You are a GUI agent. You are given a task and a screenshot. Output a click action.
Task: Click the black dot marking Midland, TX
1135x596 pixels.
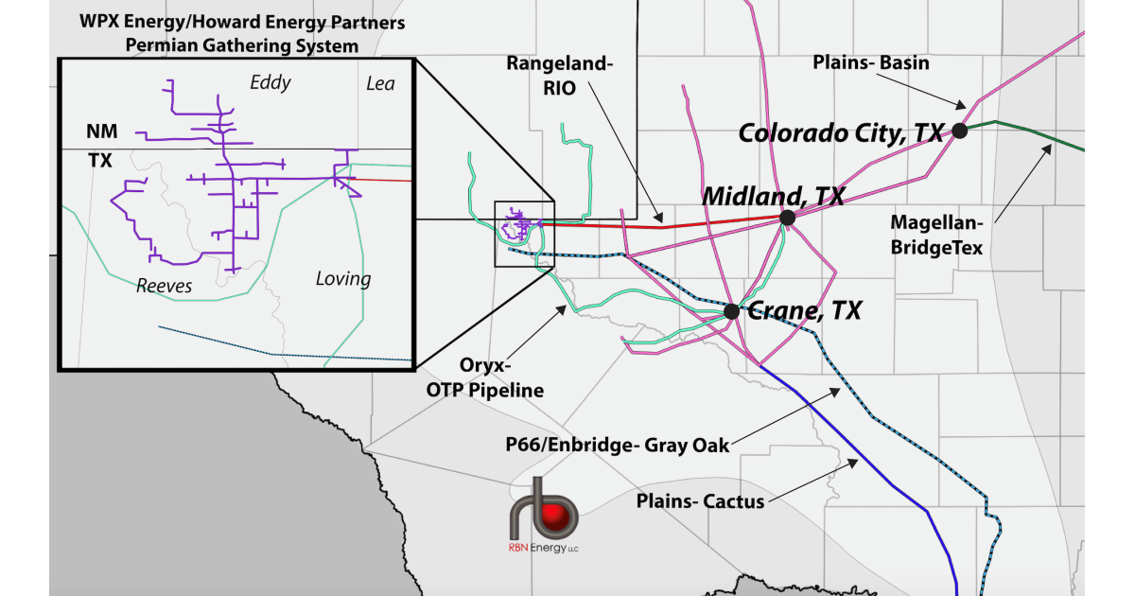(787, 218)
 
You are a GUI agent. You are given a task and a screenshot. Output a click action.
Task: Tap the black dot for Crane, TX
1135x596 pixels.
(731, 310)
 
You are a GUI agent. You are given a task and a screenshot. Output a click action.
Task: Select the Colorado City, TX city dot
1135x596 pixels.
(959, 131)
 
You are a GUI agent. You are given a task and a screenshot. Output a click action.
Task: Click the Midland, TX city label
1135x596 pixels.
(773, 196)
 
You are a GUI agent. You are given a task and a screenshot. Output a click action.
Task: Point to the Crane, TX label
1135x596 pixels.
(804, 310)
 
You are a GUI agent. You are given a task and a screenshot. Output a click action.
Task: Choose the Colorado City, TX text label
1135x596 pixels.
(841, 132)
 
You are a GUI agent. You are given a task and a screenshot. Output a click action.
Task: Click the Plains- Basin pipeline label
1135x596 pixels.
(871, 63)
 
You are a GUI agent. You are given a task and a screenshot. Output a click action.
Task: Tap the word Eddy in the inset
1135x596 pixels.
(270, 83)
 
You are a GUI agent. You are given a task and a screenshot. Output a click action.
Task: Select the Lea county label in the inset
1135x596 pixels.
(380, 85)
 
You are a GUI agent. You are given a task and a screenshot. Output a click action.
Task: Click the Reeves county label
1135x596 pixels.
(164, 286)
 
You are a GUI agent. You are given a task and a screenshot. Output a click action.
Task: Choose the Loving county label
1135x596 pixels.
(342, 279)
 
